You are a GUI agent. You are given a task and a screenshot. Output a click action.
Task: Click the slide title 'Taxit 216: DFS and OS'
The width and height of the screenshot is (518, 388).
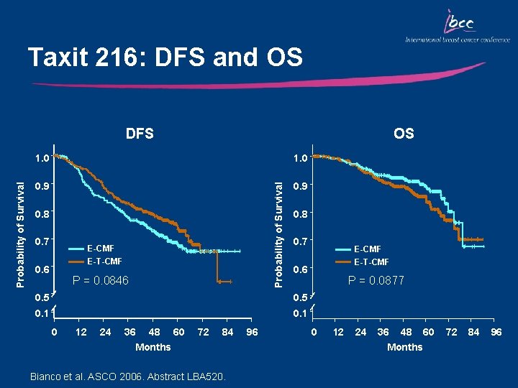pos(165,57)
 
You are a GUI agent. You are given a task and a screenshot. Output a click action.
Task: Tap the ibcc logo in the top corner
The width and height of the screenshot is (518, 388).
pos(456,27)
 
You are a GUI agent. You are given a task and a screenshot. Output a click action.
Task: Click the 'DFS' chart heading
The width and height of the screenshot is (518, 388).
pos(140,133)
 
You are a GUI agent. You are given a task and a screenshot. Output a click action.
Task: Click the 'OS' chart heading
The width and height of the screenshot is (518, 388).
pos(404,133)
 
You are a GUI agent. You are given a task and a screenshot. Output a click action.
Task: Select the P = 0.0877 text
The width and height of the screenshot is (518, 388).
pos(376,280)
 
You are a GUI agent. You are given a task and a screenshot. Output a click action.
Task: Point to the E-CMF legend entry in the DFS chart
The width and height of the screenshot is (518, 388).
pos(100,249)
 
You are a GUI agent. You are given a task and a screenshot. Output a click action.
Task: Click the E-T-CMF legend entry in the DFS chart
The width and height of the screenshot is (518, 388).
pos(104,261)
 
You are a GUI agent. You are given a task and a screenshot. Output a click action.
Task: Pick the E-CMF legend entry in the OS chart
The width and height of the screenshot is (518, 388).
pos(367,249)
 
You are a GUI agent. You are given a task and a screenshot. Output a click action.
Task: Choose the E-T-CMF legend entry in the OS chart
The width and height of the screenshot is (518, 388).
pos(371,262)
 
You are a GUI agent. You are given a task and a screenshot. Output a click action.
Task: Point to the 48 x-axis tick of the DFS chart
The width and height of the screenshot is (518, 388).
pos(153,332)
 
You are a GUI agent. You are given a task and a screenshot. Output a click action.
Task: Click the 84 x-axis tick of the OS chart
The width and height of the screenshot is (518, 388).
pos(473,332)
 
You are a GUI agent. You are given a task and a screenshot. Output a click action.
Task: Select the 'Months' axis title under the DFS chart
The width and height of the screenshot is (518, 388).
pos(153,347)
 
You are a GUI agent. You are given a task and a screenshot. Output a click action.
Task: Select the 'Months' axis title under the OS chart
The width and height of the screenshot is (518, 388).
pos(405,347)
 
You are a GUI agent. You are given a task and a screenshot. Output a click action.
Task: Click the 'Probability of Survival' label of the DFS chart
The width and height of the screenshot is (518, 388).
pos(20,225)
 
